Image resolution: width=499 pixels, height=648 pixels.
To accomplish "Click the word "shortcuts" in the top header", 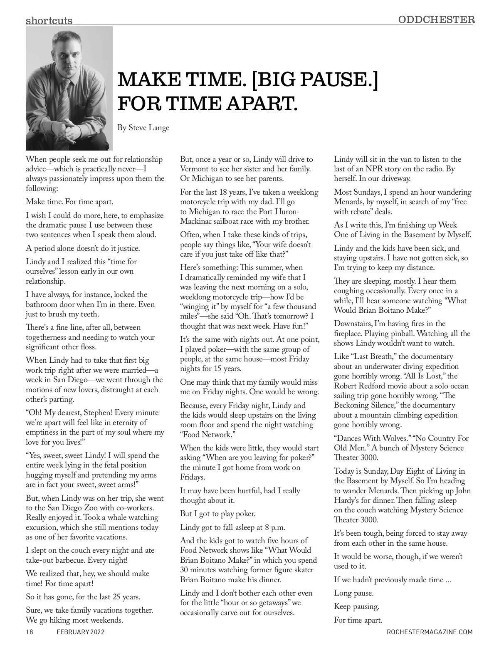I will coord(49,20).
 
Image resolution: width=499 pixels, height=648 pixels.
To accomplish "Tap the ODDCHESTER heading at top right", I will coord(436,19).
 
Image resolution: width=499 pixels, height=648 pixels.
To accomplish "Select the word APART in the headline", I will coord(262,103).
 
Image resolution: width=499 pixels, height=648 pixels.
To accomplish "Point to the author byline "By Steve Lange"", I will coord(143,127).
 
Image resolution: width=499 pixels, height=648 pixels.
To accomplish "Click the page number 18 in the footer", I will coord(30,632).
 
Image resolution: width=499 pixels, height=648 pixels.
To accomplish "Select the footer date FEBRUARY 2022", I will coord(81,632).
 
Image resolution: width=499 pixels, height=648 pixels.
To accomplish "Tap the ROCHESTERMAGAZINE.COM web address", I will coord(430,632).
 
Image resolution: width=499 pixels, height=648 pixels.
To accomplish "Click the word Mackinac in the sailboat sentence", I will coord(197,221).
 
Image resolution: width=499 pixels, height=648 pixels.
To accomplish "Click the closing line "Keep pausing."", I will coord(356,606).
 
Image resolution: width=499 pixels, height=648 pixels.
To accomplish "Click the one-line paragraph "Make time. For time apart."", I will coord(69,202).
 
